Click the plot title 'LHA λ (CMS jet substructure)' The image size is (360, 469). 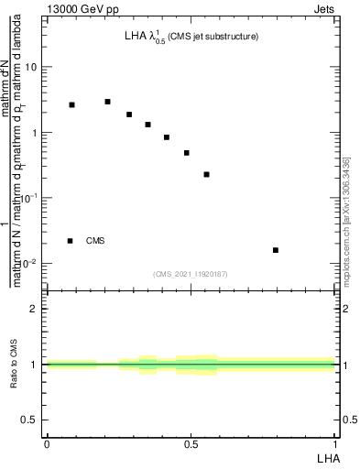pos(191,37)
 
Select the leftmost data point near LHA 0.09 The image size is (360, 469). pos(71,104)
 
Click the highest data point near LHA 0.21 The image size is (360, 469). pos(107,102)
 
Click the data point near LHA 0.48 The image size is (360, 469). pos(186,153)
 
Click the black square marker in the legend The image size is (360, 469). pos(71,241)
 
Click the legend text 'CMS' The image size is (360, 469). pos(95,241)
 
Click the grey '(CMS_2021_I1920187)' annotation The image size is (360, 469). pos(191,274)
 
